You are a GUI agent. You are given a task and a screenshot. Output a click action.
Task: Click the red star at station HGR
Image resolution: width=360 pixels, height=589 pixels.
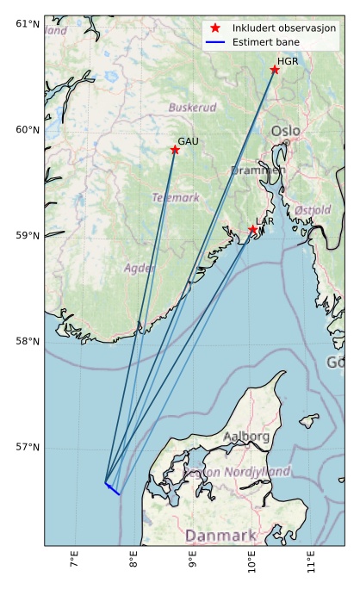coord(275,70)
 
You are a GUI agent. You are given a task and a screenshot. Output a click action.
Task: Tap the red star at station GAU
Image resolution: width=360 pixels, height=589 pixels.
coord(175,150)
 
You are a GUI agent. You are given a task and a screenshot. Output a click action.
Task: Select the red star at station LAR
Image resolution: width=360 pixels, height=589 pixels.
coord(253,230)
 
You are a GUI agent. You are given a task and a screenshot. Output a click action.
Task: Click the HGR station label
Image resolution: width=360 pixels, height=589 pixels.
coord(288,62)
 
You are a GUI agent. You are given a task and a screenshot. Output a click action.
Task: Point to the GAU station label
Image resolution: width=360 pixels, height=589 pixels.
coord(188,141)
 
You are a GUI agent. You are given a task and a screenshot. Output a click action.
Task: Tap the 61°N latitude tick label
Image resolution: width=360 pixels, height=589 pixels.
coord(28,23)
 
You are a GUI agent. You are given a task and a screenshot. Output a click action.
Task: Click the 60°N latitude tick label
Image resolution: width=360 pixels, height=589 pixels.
coord(28,130)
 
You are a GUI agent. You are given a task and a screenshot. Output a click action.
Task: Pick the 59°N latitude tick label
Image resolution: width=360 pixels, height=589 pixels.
coord(28,236)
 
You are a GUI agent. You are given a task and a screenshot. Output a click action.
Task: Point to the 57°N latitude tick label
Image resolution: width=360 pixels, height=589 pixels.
coord(28,448)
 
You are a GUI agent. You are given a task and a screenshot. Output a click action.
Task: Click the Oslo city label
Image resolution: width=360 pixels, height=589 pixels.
coord(286,131)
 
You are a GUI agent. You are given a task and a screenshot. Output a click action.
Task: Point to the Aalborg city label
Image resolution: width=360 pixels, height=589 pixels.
coord(246,437)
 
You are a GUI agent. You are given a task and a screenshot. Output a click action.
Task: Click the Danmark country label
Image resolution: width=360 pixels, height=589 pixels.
coord(220,535)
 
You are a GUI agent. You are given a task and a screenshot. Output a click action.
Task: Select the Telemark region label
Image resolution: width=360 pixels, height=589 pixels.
coord(176,197)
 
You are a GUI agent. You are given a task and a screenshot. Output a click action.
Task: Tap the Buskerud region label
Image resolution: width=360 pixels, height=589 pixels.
coord(192,108)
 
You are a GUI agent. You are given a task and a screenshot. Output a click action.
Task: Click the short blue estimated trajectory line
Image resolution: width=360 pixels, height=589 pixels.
coord(112,488)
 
